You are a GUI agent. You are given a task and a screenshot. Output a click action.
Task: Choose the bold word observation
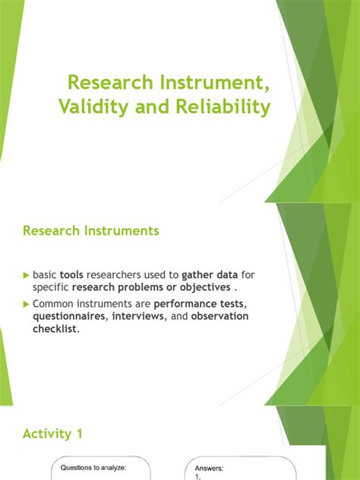tap(219, 316)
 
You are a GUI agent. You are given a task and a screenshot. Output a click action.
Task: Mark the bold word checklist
tap(55, 329)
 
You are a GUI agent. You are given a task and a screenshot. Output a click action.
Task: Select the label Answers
tap(210, 468)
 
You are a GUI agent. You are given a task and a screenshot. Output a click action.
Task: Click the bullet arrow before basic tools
tap(27, 275)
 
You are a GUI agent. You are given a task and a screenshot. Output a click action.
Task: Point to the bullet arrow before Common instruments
tap(27, 303)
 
